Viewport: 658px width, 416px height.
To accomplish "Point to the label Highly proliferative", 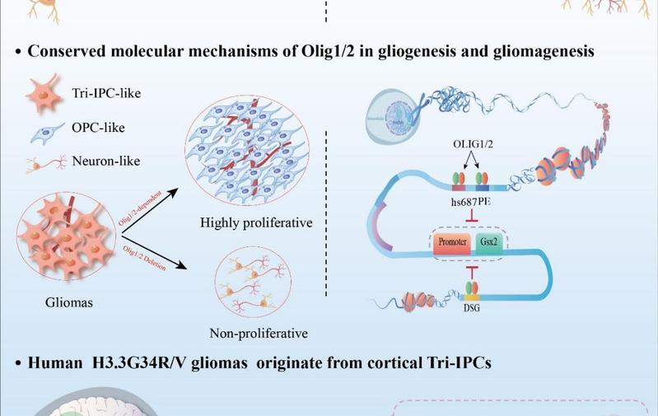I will (250, 222).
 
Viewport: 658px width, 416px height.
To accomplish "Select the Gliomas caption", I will (69, 302).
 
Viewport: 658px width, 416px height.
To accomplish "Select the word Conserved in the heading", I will (68, 52).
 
